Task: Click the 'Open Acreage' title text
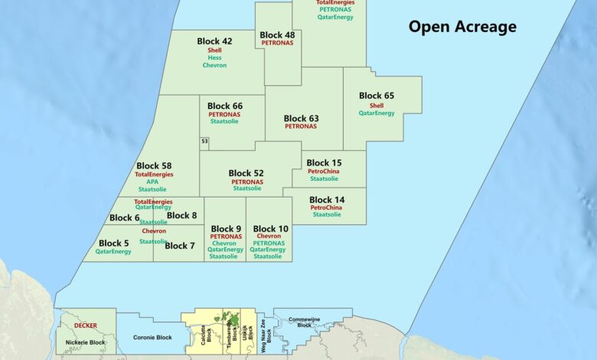462,28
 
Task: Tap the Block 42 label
214,41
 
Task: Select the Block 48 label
277,35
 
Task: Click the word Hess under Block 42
214,58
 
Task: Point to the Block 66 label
225,106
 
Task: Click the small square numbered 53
204,142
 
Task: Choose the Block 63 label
301,119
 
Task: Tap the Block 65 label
377,96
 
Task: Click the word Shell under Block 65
377,106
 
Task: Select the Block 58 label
154,165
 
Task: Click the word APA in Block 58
153,182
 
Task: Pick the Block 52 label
246,173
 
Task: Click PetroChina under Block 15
325,172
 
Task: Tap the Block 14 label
326,199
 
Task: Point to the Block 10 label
271,229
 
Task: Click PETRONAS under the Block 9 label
226,237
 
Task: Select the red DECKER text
86,326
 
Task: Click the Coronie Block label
152,337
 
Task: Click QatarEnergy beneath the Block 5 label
114,251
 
